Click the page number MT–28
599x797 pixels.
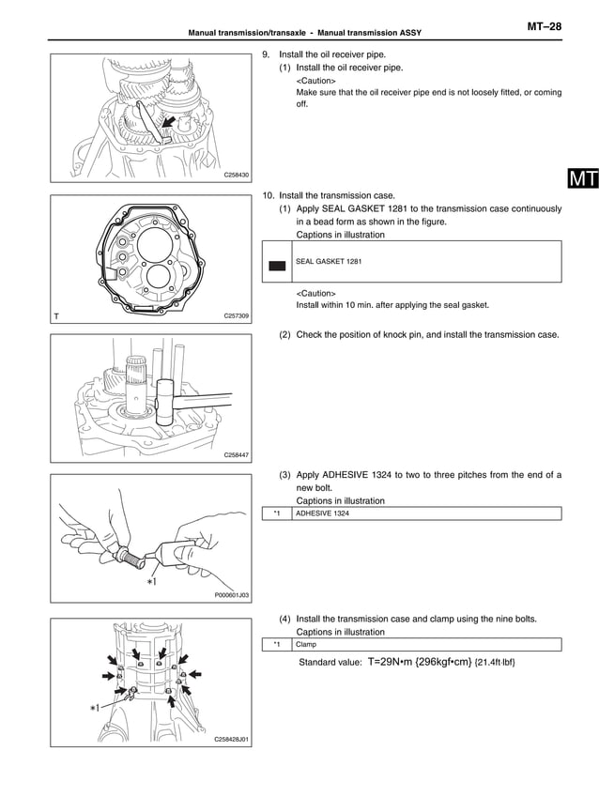[543, 27]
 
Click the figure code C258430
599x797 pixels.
[237, 175]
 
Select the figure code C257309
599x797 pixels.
[237, 316]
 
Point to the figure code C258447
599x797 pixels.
[237, 454]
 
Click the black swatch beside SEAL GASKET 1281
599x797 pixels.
[277, 266]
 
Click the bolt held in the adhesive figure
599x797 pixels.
[131, 555]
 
